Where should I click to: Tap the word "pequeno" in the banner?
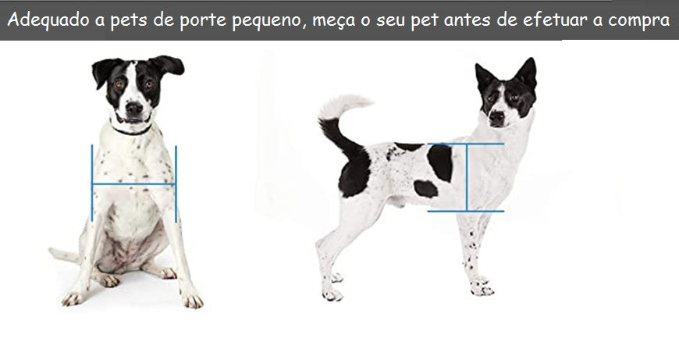point(265,20)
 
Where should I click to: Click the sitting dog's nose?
point(134,107)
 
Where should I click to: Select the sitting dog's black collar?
point(131,130)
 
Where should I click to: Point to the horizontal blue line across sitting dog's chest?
point(133,184)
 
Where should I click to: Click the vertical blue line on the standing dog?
point(467,177)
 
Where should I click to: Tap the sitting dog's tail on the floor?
point(64,255)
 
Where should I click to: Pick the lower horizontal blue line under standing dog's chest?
point(465,211)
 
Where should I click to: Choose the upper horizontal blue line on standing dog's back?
point(466,144)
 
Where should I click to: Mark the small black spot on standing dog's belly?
point(425,188)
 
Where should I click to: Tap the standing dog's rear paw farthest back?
point(332,294)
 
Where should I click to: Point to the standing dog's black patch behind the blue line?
point(440,162)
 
